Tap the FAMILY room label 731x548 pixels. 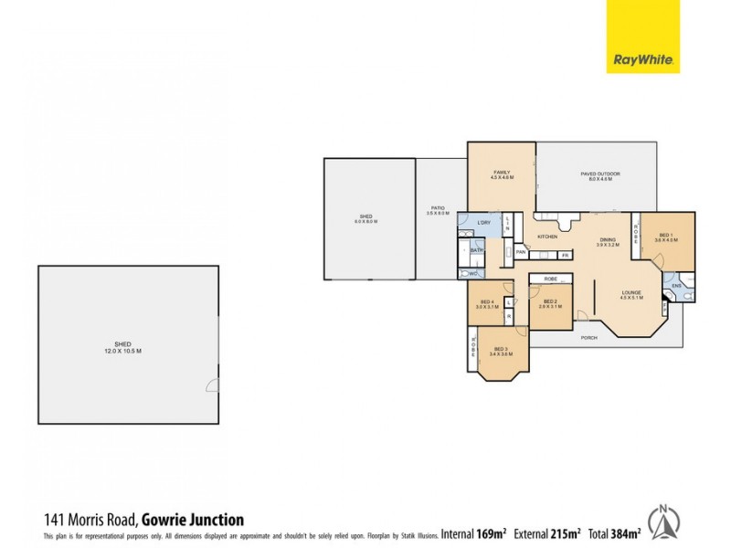coord(501,174)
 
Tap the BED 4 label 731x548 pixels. coord(487,304)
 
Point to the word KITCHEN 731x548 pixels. coord(547,237)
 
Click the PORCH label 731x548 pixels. coord(589,337)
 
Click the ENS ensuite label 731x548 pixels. coord(677,286)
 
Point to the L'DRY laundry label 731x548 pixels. coord(483,223)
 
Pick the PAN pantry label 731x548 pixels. coord(520,252)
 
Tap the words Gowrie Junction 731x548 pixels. coord(193,521)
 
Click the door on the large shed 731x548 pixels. coord(213,385)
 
